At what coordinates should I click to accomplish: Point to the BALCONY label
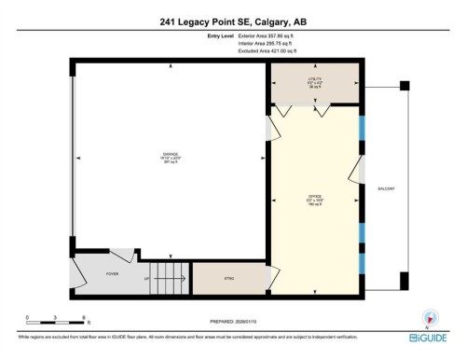[x=387, y=189]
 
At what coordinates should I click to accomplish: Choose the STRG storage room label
[x=227, y=277]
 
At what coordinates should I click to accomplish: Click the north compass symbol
[x=430, y=316]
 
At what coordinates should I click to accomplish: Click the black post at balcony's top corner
[x=404, y=86]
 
